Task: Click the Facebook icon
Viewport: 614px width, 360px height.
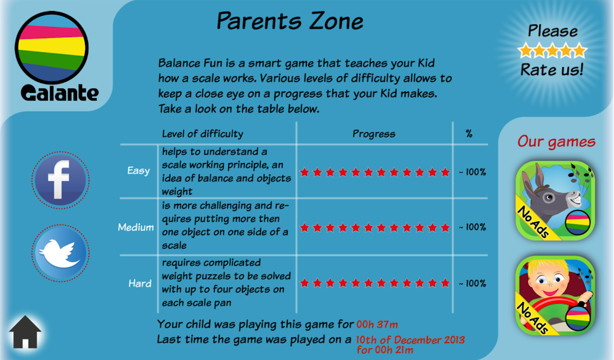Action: (60, 180)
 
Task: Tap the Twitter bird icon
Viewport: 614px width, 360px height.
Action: (60, 253)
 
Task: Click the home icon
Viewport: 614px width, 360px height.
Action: (25, 332)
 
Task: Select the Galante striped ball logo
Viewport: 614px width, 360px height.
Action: (52, 48)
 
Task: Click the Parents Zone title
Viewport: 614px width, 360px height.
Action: (290, 21)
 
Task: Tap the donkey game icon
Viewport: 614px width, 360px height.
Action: (556, 200)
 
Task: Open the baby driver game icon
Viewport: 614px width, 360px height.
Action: (556, 295)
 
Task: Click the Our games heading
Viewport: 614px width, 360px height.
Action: (556, 142)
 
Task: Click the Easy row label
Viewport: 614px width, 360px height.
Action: (139, 171)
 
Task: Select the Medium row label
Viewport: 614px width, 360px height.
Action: (136, 227)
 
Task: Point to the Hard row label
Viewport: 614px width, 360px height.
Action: (140, 283)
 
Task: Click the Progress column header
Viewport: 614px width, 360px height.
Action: (374, 134)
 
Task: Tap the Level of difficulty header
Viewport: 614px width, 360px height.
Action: (202, 134)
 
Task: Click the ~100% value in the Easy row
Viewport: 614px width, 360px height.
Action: (472, 172)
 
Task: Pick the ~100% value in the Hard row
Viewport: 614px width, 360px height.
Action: (472, 283)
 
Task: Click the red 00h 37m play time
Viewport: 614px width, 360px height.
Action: (377, 325)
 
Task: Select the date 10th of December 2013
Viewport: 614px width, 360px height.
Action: (410, 340)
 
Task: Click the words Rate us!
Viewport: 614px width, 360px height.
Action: (552, 70)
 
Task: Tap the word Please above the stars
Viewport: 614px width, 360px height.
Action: (553, 31)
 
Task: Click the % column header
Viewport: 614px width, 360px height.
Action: (469, 134)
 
